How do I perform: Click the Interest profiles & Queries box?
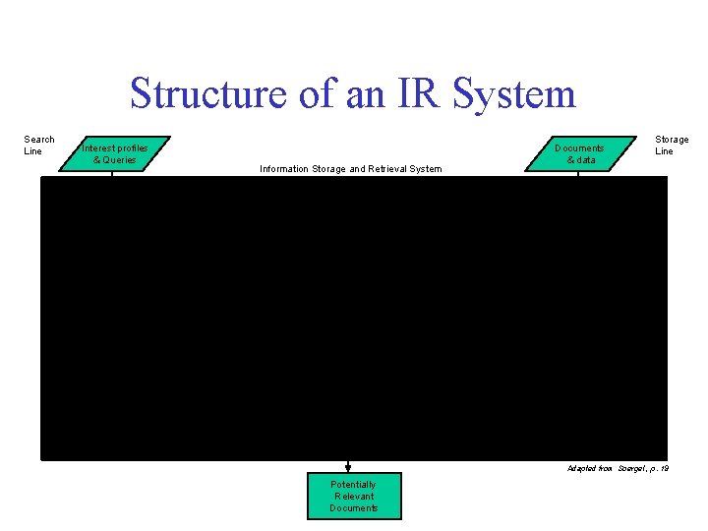click(x=114, y=153)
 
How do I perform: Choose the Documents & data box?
click(x=579, y=153)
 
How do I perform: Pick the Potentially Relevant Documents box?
click(x=353, y=497)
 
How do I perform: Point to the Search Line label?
click(x=39, y=146)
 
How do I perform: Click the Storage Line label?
click(x=672, y=146)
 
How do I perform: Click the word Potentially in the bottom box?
click(x=353, y=485)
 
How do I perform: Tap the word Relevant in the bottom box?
click(x=353, y=497)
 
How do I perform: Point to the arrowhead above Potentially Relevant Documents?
click(x=348, y=466)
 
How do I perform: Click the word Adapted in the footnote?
click(x=581, y=468)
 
